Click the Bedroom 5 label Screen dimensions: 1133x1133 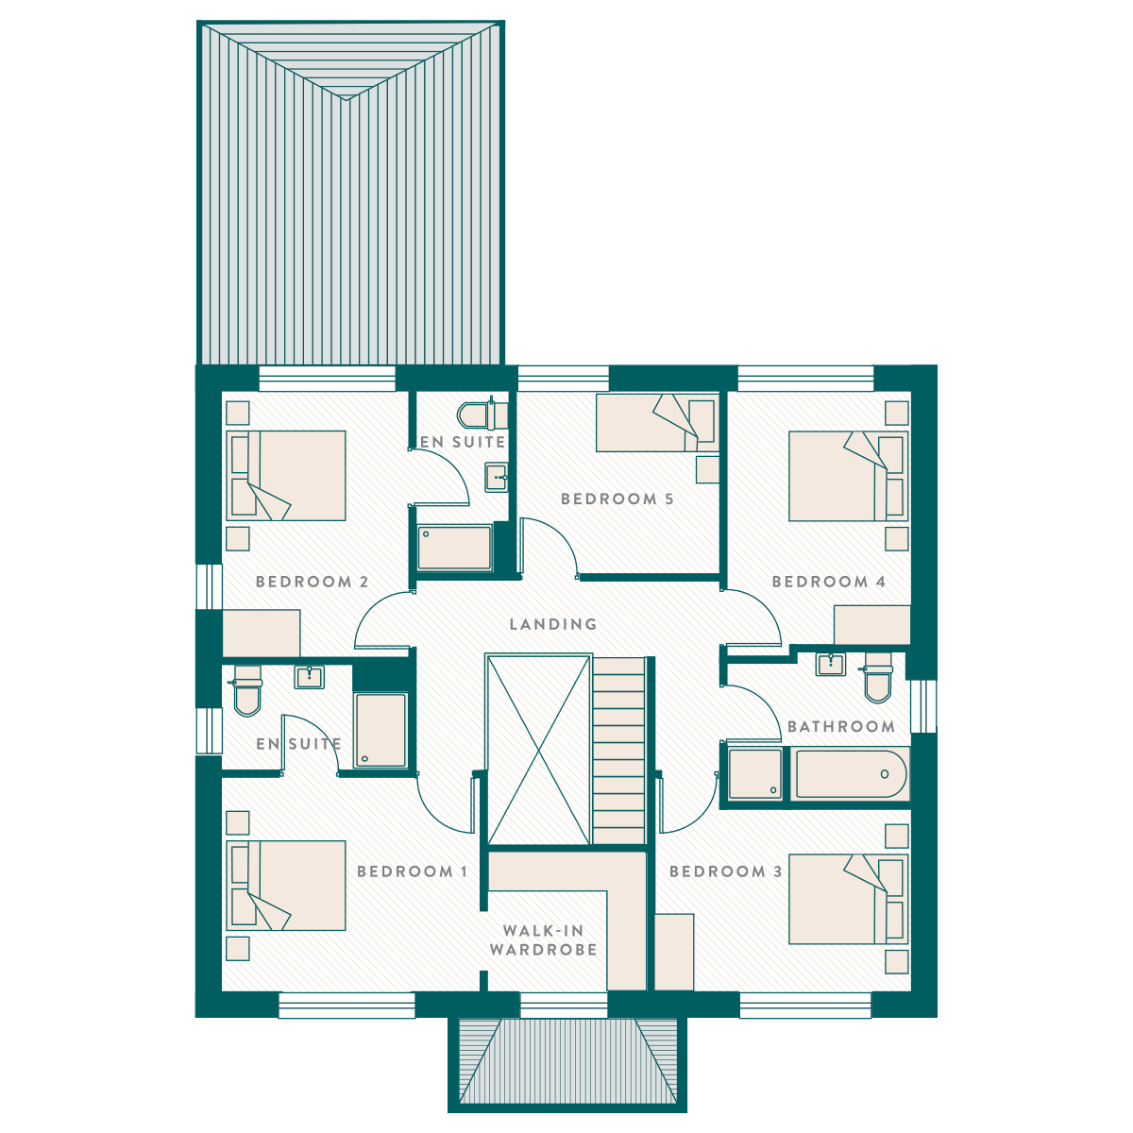coord(617,499)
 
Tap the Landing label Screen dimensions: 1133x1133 coord(553,624)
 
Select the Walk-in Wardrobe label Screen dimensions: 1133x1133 coord(543,940)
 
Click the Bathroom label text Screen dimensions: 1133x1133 coord(841,726)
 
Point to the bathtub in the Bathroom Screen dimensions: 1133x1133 coord(850,774)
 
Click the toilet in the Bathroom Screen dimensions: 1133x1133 coord(878,677)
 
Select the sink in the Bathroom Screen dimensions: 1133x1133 coord(831,664)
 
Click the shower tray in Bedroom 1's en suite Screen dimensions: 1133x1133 coord(380,730)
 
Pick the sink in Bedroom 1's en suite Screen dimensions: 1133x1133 coord(310,677)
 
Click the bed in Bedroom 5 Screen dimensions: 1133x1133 coord(657,423)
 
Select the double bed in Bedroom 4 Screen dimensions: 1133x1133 coord(849,476)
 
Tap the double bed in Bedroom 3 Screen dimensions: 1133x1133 coord(849,899)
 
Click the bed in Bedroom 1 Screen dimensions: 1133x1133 coord(286,886)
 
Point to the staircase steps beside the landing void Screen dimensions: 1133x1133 coord(618,751)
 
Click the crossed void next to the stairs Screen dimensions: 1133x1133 coord(538,751)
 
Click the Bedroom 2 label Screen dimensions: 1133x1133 coord(313,583)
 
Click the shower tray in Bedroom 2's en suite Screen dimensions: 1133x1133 coord(454,548)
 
